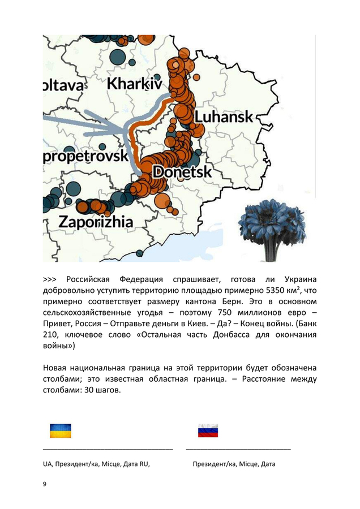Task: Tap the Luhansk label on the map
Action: coord(224,117)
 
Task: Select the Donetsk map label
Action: coord(182,171)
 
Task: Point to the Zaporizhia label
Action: coord(96,221)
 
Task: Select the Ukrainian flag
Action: coord(61,430)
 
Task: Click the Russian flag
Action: coord(208,430)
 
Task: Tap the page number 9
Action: coord(45,484)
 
